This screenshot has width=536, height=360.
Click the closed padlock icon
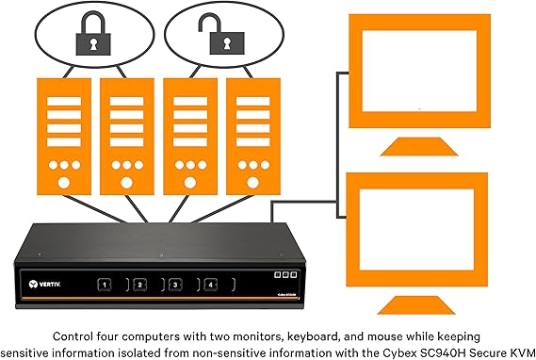click(93, 34)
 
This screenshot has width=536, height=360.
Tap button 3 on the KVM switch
click(175, 285)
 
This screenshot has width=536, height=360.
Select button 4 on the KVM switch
click(211, 285)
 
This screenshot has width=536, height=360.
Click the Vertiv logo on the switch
click(44, 284)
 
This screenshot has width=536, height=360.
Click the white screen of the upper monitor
click(419, 71)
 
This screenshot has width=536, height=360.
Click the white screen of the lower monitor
click(416, 229)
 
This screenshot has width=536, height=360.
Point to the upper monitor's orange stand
click(419, 147)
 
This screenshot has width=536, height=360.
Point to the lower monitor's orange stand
click(416, 305)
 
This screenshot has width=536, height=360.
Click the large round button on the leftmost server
click(64, 183)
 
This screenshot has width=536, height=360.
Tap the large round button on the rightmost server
click(253, 183)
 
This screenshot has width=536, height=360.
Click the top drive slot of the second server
click(127, 101)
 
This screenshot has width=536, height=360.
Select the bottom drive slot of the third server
click(190, 142)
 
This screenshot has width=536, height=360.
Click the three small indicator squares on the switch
click(285, 274)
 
